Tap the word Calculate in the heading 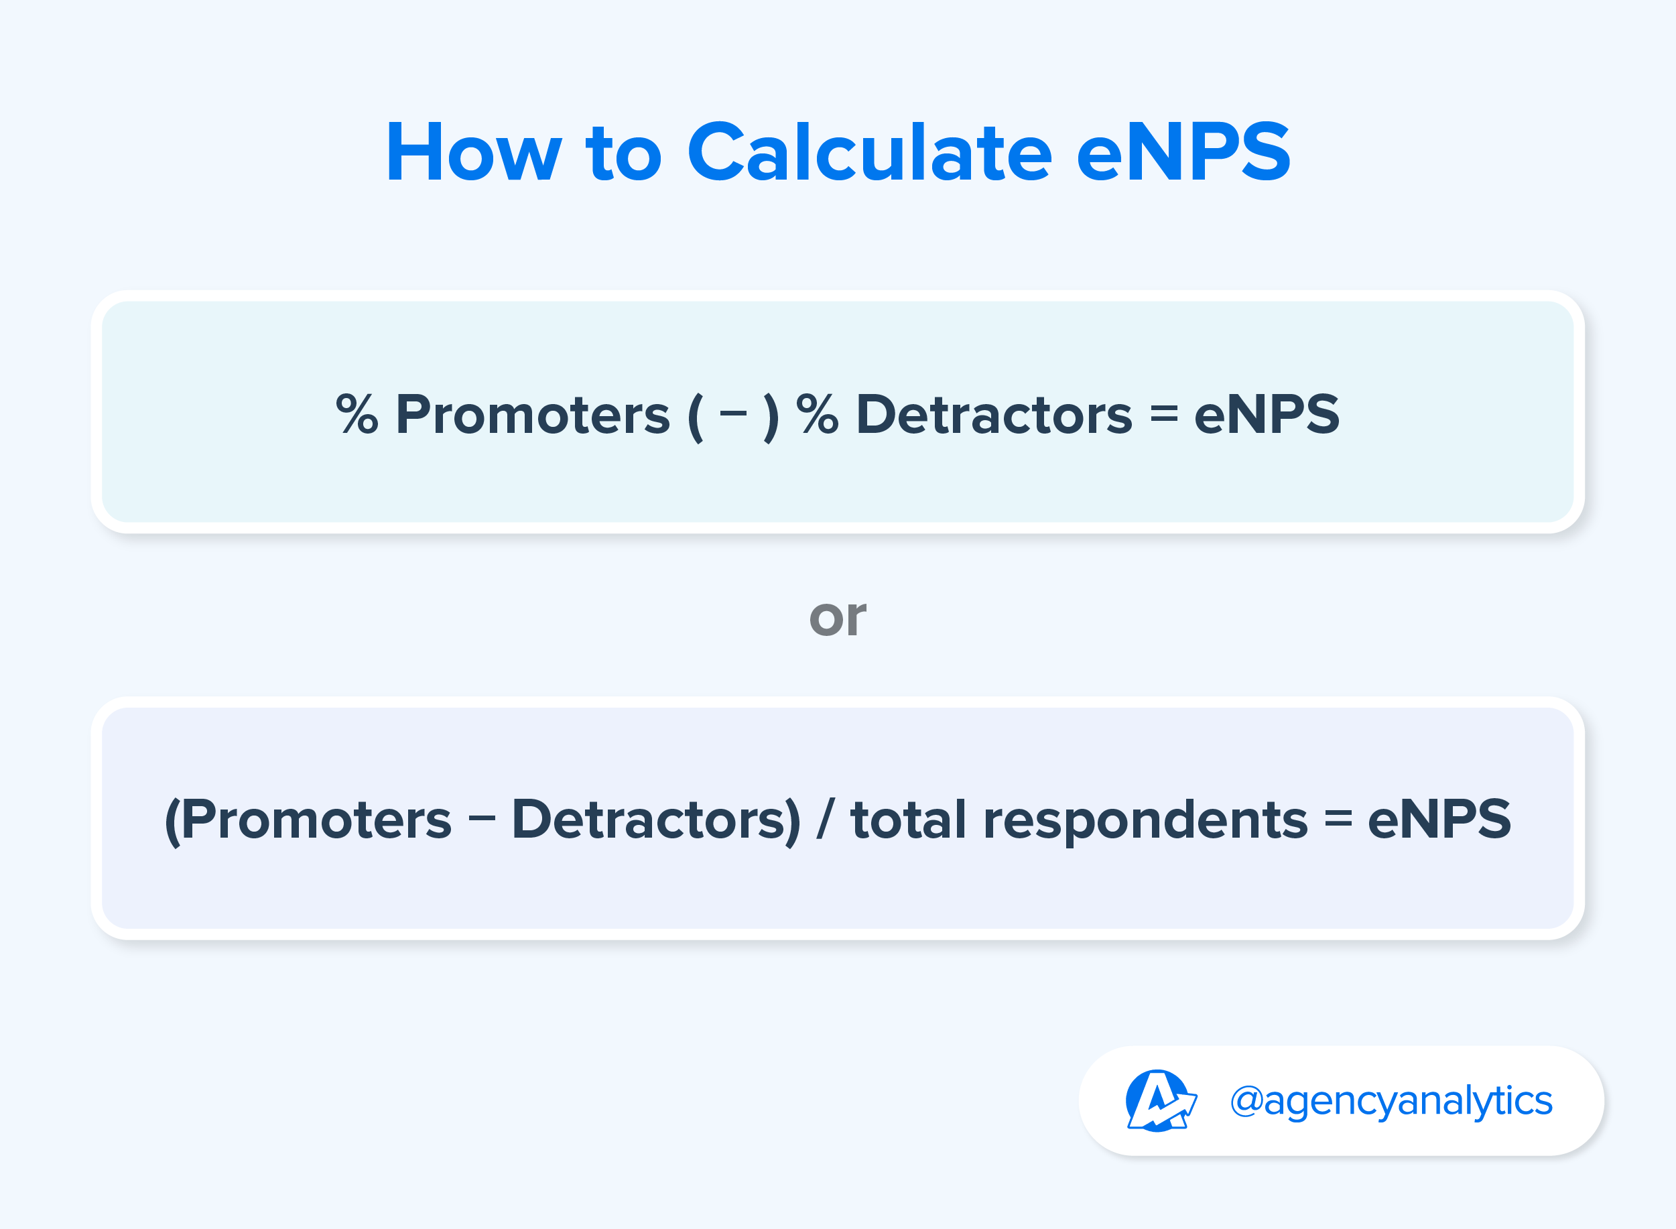tap(870, 151)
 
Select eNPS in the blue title tap(1183, 151)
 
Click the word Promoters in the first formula tap(533, 414)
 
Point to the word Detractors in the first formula tap(994, 414)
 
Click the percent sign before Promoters tap(357, 414)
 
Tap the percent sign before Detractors tap(818, 414)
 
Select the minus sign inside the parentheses tap(734, 414)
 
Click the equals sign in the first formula tap(1164, 414)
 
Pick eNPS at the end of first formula tap(1267, 414)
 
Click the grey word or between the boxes tap(838, 619)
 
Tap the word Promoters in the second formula tap(316, 820)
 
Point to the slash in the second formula tap(826, 820)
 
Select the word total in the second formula tap(908, 820)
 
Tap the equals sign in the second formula tap(1338, 820)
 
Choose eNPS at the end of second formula tap(1439, 820)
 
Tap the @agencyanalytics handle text tap(1391, 1102)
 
